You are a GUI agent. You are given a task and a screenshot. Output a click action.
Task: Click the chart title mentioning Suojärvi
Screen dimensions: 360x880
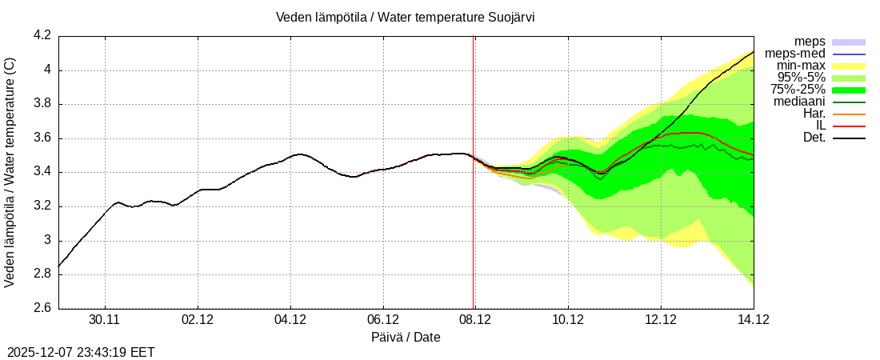click(x=405, y=18)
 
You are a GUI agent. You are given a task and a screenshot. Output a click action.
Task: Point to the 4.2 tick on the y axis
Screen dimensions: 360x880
click(x=42, y=36)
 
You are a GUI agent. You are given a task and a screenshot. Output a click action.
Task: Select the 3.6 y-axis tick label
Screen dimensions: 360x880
click(x=42, y=138)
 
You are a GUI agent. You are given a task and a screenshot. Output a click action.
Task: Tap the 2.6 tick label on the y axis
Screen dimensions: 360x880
click(x=42, y=309)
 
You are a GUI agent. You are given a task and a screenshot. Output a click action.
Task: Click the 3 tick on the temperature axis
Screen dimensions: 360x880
click(x=47, y=241)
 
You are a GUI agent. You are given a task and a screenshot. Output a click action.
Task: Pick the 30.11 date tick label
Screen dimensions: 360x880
click(x=105, y=320)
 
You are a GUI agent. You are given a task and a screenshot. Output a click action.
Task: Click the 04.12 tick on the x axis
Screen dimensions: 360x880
click(x=290, y=320)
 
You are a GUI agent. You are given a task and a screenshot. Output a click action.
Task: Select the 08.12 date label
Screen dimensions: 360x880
click(x=475, y=320)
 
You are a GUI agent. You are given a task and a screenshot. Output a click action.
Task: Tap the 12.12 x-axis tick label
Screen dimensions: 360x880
click(x=661, y=320)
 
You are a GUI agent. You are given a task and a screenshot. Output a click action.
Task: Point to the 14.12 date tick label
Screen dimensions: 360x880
click(x=753, y=320)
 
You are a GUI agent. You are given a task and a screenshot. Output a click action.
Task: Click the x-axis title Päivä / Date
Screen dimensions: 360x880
click(x=406, y=338)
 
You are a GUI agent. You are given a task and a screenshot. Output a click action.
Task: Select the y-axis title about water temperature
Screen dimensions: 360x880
click(x=10, y=172)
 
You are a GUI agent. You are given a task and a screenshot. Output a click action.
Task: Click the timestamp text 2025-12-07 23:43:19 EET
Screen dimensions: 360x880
click(x=81, y=352)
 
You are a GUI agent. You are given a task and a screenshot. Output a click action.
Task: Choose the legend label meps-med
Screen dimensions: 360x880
click(x=795, y=54)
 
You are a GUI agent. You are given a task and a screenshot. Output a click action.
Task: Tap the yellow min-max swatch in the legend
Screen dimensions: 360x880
click(x=849, y=66)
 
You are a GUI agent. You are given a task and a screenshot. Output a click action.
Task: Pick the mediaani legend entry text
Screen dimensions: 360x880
click(x=799, y=102)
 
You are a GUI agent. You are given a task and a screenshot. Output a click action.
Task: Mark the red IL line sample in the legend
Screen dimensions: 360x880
click(x=849, y=126)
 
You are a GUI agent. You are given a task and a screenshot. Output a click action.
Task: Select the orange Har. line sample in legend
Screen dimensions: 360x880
click(x=849, y=114)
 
